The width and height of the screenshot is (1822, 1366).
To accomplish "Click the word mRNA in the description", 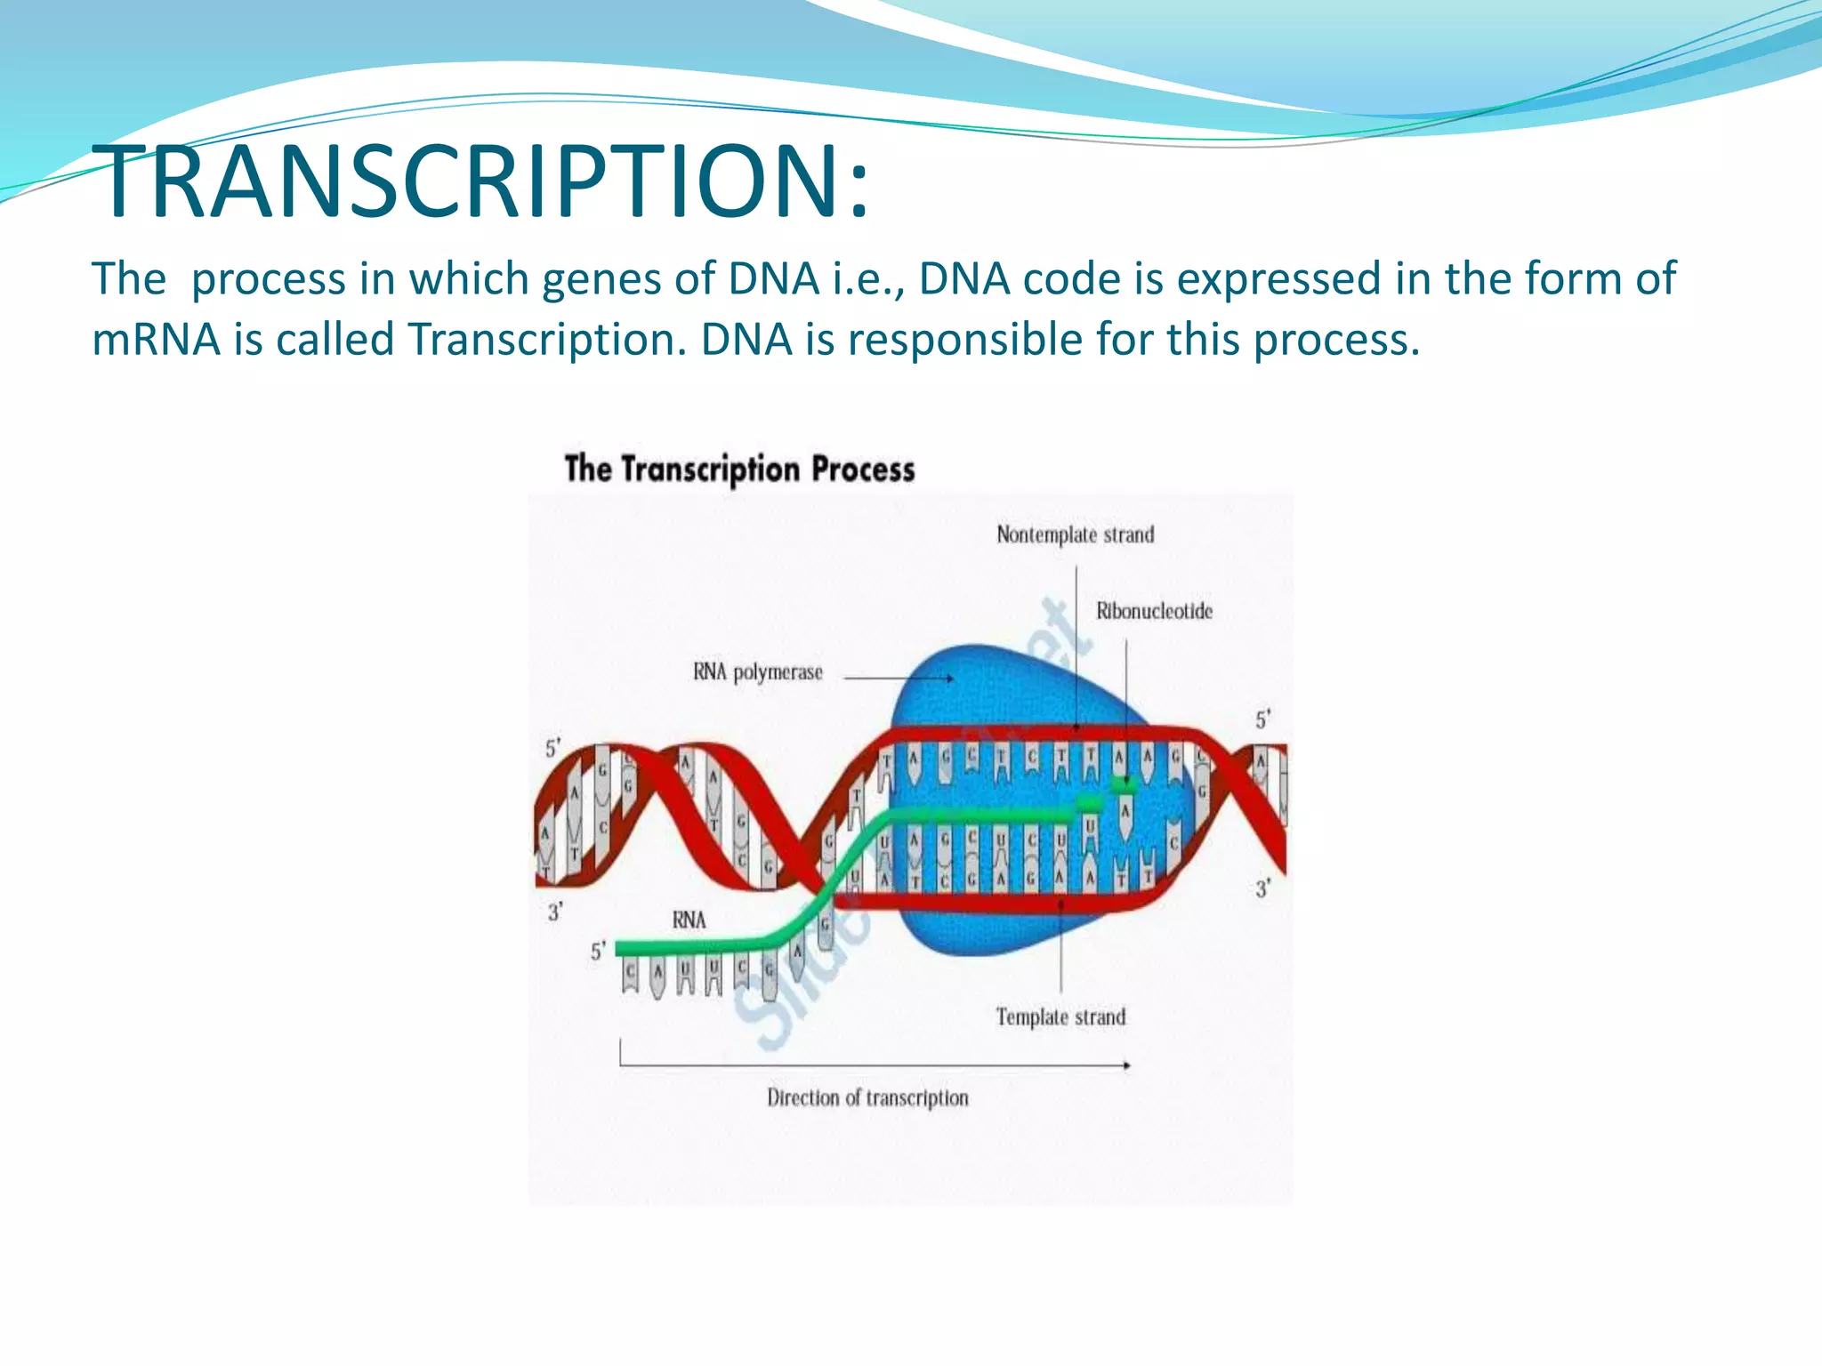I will click(x=156, y=340).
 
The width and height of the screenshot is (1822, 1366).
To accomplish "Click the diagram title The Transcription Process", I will click(x=739, y=469).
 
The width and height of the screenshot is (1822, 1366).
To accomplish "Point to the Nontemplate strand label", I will click(x=1075, y=534).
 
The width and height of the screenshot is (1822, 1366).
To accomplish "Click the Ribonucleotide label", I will click(x=1154, y=611).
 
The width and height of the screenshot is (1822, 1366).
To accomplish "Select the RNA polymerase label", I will click(x=758, y=672).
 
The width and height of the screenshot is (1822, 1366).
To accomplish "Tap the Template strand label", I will click(x=1060, y=1016).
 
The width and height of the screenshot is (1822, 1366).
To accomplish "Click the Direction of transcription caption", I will click(x=867, y=1097).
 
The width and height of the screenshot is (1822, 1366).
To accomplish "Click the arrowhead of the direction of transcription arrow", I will click(x=1126, y=1065).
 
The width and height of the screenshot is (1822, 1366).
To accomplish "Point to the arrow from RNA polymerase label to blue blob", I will click(x=899, y=679).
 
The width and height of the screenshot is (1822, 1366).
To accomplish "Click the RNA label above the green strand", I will click(x=689, y=920).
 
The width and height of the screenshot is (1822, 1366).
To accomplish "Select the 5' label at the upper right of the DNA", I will click(x=1263, y=719).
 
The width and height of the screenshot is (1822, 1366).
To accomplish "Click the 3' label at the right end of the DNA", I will click(x=1263, y=888).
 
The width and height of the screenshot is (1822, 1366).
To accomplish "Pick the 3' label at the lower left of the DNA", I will click(x=555, y=912).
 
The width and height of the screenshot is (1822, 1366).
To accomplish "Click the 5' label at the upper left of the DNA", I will click(x=553, y=748).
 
